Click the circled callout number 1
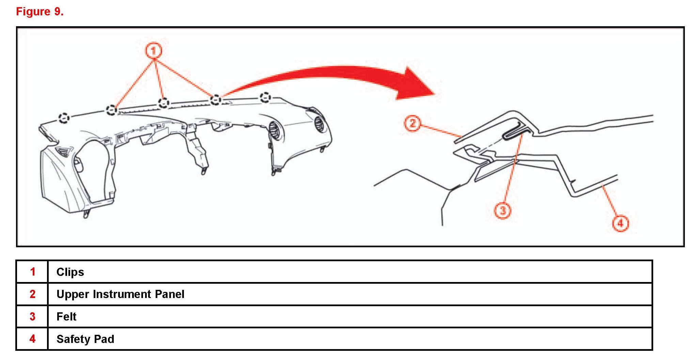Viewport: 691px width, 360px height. (x=154, y=51)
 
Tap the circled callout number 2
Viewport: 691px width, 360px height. (x=412, y=123)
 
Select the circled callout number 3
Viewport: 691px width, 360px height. (x=503, y=210)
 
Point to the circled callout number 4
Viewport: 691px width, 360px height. (x=620, y=223)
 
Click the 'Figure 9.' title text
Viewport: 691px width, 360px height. (x=40, y=12)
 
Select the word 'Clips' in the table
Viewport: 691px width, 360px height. (x=70, y=272)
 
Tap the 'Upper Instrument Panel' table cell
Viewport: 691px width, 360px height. (x=121, y=294)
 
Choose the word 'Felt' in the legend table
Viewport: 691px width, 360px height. (x=66, y=317)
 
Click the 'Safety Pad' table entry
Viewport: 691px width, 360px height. (x=85, y=339)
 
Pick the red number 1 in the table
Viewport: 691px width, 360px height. (x=33, y=272)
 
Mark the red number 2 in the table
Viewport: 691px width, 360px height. (x=32, y=294)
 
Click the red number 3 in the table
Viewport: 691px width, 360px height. (x=32, y=317)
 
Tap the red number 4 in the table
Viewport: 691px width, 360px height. (x=32, y=339)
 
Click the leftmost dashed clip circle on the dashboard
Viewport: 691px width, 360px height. (x=64, y=118)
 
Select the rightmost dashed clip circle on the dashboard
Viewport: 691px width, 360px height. (x=265, y=97)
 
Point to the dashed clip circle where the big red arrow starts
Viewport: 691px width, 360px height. (x=215, y=100)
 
